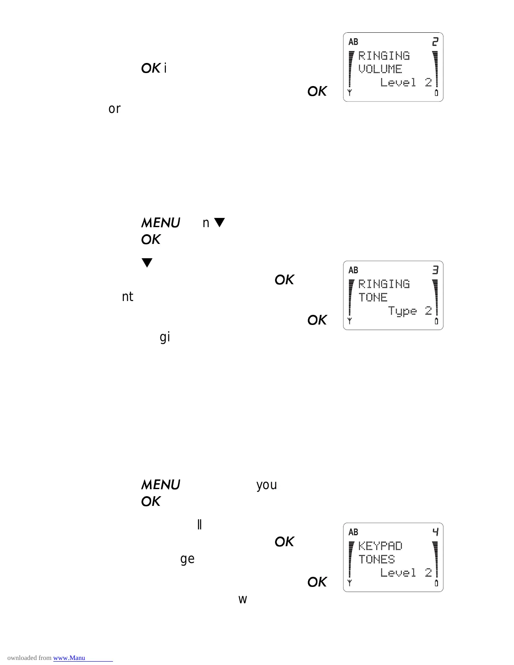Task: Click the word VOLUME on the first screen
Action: pos(380,69)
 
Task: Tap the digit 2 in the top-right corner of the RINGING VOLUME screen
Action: pos(435,42)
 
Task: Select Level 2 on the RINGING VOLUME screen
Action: pos(406,82)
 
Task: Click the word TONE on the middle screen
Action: pos(373,298)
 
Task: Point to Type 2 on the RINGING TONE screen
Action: pos(410,311)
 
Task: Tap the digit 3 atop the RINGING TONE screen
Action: pos(435,270)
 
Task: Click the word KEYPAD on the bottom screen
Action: pos(380,546)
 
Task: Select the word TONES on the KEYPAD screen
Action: pos(377,560)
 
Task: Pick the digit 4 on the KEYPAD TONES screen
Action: pos(435,532)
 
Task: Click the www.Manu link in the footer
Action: pos(69,658)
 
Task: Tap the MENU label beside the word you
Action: pos(160,485)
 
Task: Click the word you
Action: pos(267,485)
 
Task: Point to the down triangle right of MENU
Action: pos(220,223)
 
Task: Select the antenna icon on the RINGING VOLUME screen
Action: pos(349,93)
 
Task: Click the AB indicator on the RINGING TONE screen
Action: pos(354,270)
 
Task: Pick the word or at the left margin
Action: pos(114,109)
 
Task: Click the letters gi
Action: pos(165,337)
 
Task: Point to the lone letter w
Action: pos(243,600)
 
